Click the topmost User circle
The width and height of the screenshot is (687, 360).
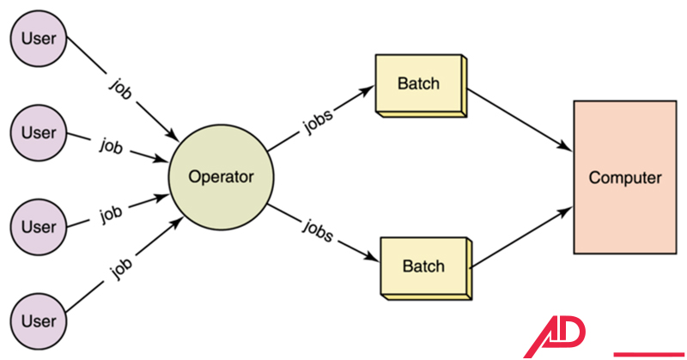tap(38, 39)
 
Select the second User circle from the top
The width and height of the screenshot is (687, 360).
tap(38, 133)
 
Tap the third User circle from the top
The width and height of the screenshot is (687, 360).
tap(38, 227)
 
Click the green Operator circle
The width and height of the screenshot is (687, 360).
tap(221, 179)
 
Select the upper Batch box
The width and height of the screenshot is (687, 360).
tap(419, 84)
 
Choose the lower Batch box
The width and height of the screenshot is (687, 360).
tap(424, 265)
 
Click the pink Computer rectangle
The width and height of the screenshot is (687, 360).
tap(624, 177)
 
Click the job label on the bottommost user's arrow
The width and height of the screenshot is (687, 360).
tap(121, 270)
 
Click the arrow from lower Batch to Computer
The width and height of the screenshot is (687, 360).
tap(521, 231)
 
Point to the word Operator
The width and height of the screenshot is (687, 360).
tap(221, 179)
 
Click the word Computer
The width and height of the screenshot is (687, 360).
tap(624, 178)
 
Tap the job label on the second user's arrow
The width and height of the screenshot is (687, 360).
tap(111, 146)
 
